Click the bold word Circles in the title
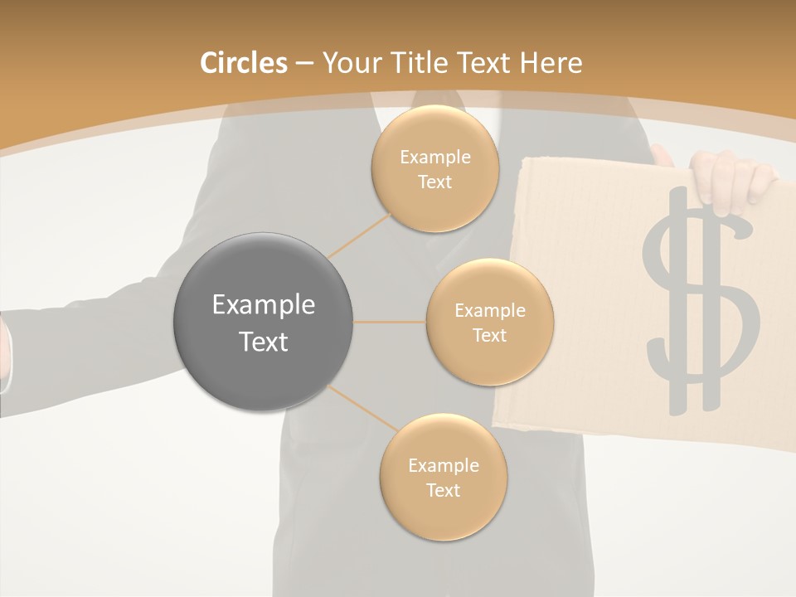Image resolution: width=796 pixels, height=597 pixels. pyautogui.click(x=243, y=63)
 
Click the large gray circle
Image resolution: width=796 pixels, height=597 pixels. pyautogui.click(x=263, y=322)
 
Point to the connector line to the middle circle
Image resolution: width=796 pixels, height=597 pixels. pyautogui.click(x=390, y=322)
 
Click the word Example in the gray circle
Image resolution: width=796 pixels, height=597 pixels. pyautogui.click(x=263, y=305)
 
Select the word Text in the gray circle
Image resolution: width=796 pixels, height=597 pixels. pyautogui.click(x=263, y=342)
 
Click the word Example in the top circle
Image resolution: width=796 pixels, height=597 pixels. pyautogui.click(x=434, y=158)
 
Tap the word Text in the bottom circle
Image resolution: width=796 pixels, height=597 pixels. pyautogui.click(x=443, y=491)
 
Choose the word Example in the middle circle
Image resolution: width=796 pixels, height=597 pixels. pyautogui.click(x=489, y=311)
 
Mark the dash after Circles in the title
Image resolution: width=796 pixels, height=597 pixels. pyautogui.click(x=303, y=64)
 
